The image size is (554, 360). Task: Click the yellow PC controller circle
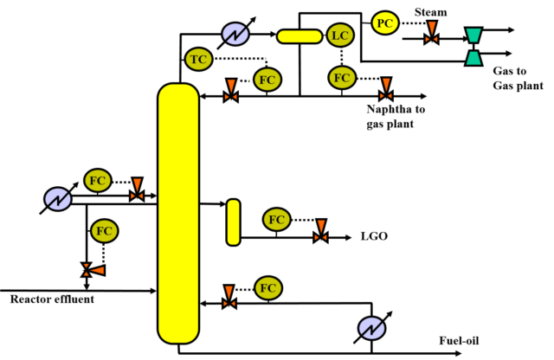[x=385, y=23]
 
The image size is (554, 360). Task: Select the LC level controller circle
[x=340, y=35]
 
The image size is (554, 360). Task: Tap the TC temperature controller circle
[x=198, y=59]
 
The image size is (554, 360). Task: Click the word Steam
[x=430, y=12]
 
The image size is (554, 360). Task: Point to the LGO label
[x=374, y=235]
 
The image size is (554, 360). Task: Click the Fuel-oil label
[x=459, y=340]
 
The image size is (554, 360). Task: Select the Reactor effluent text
[x=52, y=299]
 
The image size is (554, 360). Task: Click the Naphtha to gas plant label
[x=396, y=116]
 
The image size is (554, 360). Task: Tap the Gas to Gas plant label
[x=518, y=78]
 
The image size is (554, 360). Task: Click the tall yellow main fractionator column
[x=178, y=213]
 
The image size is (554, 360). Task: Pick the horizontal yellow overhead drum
[x=300, y=36]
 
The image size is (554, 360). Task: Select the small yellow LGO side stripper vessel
[x=233, y=222]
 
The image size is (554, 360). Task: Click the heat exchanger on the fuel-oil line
[x=371, y=328]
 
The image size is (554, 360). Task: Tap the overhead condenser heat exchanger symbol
[x=235, y=35]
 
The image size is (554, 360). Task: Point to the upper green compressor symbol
[x=473, y=35]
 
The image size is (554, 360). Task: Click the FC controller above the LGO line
[x=277, y=220]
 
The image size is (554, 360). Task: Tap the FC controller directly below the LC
[x=342, y=78]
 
